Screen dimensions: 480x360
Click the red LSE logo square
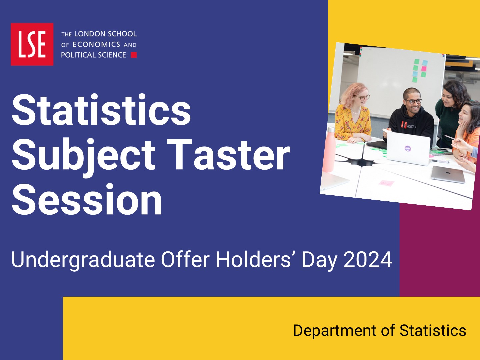(32, 44)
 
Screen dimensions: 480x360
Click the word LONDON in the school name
(87, 34)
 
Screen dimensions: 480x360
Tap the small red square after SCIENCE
(134, 55)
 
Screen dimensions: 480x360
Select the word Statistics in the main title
(101, 110)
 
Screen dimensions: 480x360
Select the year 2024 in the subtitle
(368, 259)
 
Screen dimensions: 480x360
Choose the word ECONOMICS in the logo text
(96, 45)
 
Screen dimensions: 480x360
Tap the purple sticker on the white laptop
(407, 148)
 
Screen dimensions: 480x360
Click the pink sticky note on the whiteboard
(424, 69)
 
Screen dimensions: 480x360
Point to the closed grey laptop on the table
(448, 174)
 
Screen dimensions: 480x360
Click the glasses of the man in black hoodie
(413, 101)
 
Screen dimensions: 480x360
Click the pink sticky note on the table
(386, 183)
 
